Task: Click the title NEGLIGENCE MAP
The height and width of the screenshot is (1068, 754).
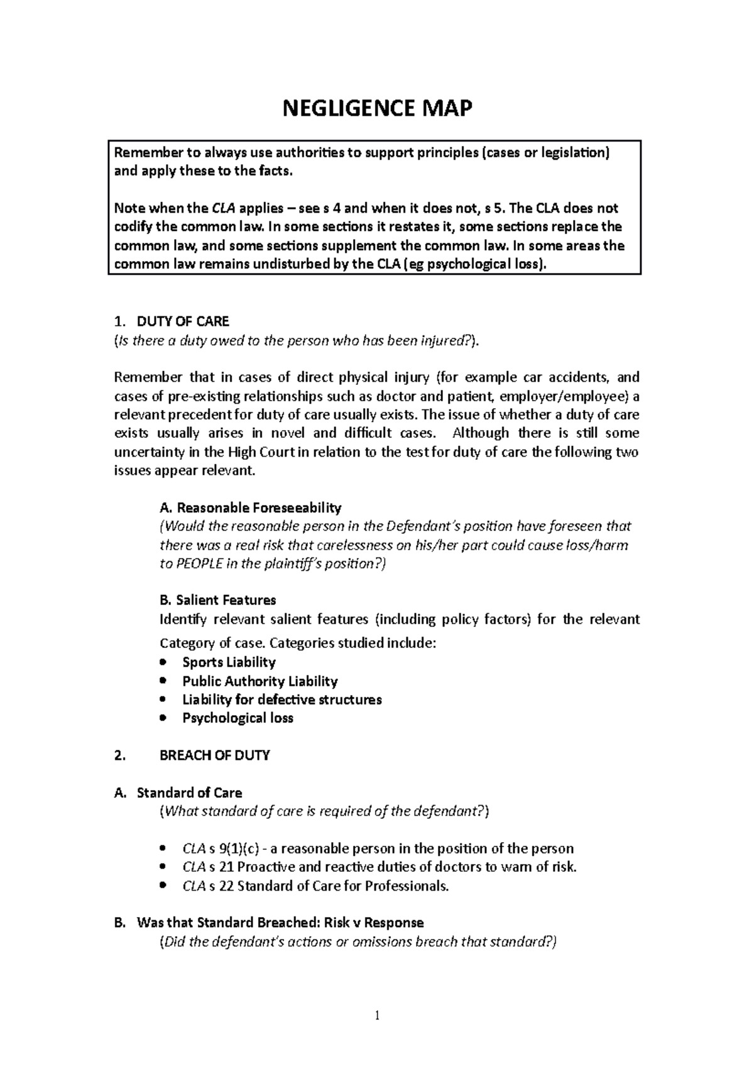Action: pyautogui.click(x=377, y=109)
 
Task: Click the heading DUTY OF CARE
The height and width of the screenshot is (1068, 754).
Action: pyautogui.click(x=183, y=322)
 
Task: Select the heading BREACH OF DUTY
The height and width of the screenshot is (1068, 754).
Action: pyautogui.click(x=215, y=755)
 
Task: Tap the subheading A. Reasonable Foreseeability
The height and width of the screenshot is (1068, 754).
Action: pyautogui.click(x=251, y=507)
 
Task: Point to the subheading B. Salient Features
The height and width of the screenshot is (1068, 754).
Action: pyautogui.click(x=218, y=600)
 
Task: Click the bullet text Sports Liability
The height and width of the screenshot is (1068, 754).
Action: pyautogui.click(x=229, y=662)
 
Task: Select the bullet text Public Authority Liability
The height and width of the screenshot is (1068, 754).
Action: pyautogui.click(x=260, y=681)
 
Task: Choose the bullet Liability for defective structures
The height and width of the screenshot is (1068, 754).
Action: pyautogui.click(x=281, y=699)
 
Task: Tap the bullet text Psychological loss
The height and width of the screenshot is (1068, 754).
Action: pyautogui.click(x=238, y=718)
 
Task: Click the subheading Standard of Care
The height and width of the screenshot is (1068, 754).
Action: pyautogui.click(x=189, y=793)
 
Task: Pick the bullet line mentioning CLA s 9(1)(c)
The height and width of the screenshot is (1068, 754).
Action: pyautogui.click(x=377, y=848)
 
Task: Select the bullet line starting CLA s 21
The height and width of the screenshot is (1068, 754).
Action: pyautogui.click(x=379, y=867)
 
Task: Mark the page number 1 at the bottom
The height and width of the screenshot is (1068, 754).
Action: pyautogui.click(x=377, y=1015)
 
